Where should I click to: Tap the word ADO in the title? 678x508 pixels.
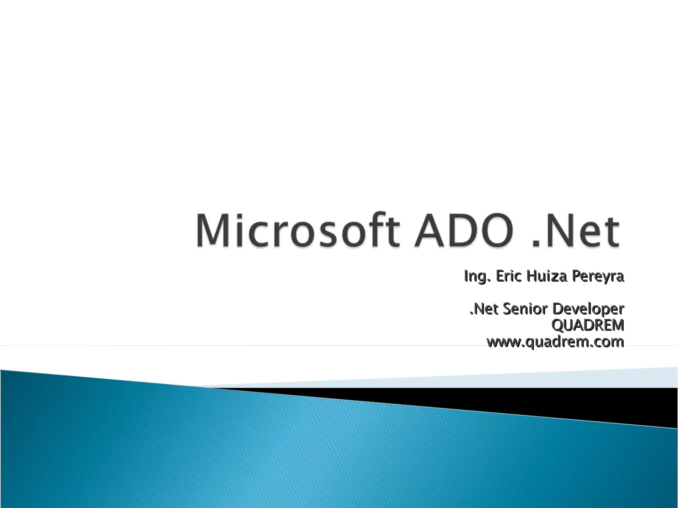coord(463,231)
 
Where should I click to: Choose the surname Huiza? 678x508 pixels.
coord(547,276)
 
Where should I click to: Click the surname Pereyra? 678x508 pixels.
coord(598,276)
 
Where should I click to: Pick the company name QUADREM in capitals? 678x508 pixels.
coord(588,325)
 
